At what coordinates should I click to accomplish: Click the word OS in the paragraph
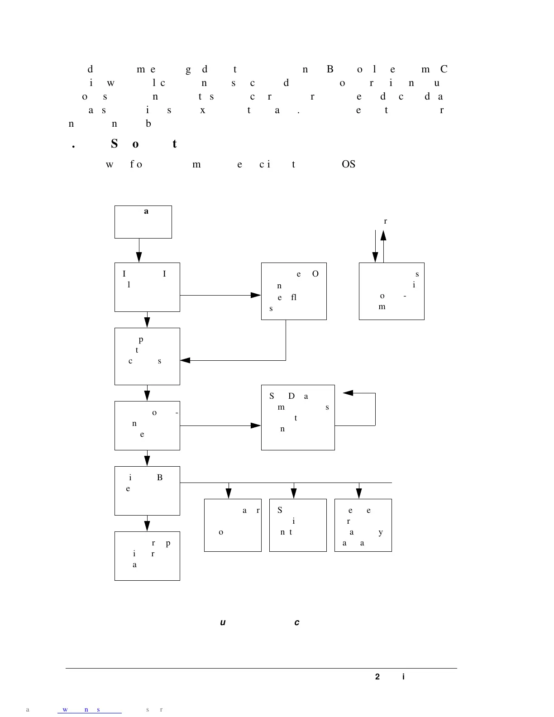[349, 164]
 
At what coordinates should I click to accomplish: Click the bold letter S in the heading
[114, 144]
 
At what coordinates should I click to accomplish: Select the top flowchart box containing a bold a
[143, 222]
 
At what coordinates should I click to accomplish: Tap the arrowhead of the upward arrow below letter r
[383, 234]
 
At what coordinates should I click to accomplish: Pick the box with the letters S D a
[298, 417]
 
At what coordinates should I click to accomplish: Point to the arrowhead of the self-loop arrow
[348, 393]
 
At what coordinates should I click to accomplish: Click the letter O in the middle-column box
[315, 274]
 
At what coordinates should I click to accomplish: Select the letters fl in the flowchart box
[294, 297]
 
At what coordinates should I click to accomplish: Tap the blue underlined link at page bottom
[89, 709]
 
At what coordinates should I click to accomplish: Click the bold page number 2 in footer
[377, 677]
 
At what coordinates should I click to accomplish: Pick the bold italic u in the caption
[223, 622]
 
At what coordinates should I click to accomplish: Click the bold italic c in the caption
[297, 622]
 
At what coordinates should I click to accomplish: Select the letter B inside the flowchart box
[160, 478]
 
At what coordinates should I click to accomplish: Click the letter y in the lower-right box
[381, 532]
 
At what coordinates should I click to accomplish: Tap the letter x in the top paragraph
[202, 110]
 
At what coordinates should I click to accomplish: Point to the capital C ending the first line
[444, 69]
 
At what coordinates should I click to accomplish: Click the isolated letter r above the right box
[385, 221]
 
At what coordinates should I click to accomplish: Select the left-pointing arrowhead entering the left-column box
[185, 360]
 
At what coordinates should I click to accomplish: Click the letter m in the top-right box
[382, 307]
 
